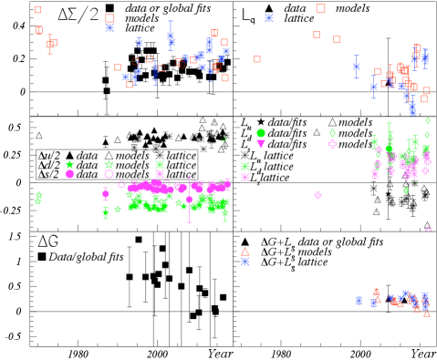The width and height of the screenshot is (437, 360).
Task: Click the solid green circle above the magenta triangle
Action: tap(261, 133)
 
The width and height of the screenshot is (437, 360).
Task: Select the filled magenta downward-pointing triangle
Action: tap(261, 144)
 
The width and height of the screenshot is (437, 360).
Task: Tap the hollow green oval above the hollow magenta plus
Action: tap(332, 133)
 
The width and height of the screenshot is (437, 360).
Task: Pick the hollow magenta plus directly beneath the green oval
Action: tap(332, 144)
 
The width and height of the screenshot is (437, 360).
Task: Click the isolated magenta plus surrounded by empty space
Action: tap(317, 195)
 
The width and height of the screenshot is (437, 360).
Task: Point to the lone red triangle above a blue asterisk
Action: tap(245, 251)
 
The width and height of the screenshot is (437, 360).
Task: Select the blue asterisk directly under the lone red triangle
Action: tap(245, 262)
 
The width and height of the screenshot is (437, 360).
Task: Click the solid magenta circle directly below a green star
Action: tap(69, 174)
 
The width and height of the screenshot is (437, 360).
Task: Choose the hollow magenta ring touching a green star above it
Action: tap(109, 174)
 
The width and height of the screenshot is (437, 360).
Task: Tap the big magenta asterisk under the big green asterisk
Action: tap(245, 178)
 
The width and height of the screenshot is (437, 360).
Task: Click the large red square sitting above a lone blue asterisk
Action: tap(109, 17)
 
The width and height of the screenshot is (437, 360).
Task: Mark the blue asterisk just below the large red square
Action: tap(109, 28)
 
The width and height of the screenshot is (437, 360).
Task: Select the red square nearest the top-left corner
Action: tap(38, 10)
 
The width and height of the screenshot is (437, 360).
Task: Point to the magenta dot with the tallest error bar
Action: tap(190, 200)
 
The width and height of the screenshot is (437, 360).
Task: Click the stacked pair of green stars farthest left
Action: tap(38, 197)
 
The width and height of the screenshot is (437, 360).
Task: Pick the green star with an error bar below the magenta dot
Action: tap(106, 211)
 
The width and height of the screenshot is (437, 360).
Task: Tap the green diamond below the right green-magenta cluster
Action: tap(406, 190)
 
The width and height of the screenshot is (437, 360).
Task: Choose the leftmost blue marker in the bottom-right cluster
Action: tap(359, 301)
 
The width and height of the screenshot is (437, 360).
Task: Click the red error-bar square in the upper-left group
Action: tap(50, 44)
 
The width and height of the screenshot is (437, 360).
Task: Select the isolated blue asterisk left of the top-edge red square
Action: tap(269, 18)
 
